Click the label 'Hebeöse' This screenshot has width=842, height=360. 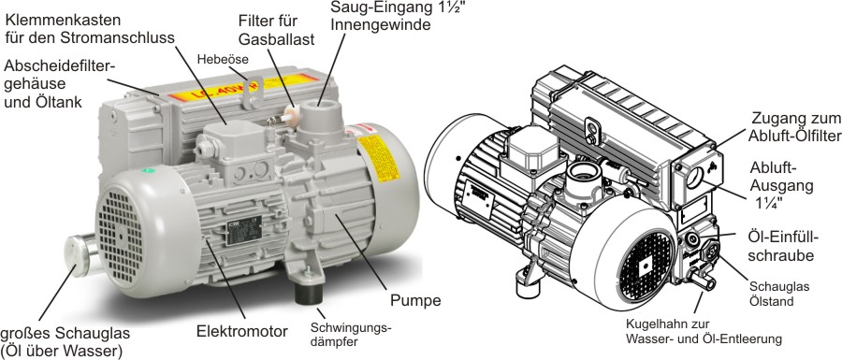[x=223, y=59]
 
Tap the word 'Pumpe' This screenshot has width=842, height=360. [x=415, y=300]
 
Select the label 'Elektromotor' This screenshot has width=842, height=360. [x=241, y=330]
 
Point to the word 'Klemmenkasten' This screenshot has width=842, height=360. [x=63, y=21]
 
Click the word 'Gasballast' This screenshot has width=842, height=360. [x=277, y=39]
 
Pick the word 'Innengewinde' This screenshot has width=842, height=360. [x=381, y=24]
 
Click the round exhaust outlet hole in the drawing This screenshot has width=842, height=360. [x=694, y=177]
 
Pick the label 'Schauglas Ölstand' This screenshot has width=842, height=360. [x=772, y=294]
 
